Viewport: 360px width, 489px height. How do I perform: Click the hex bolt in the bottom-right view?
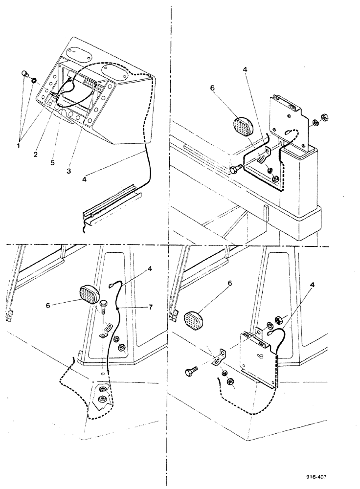point(192,373)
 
